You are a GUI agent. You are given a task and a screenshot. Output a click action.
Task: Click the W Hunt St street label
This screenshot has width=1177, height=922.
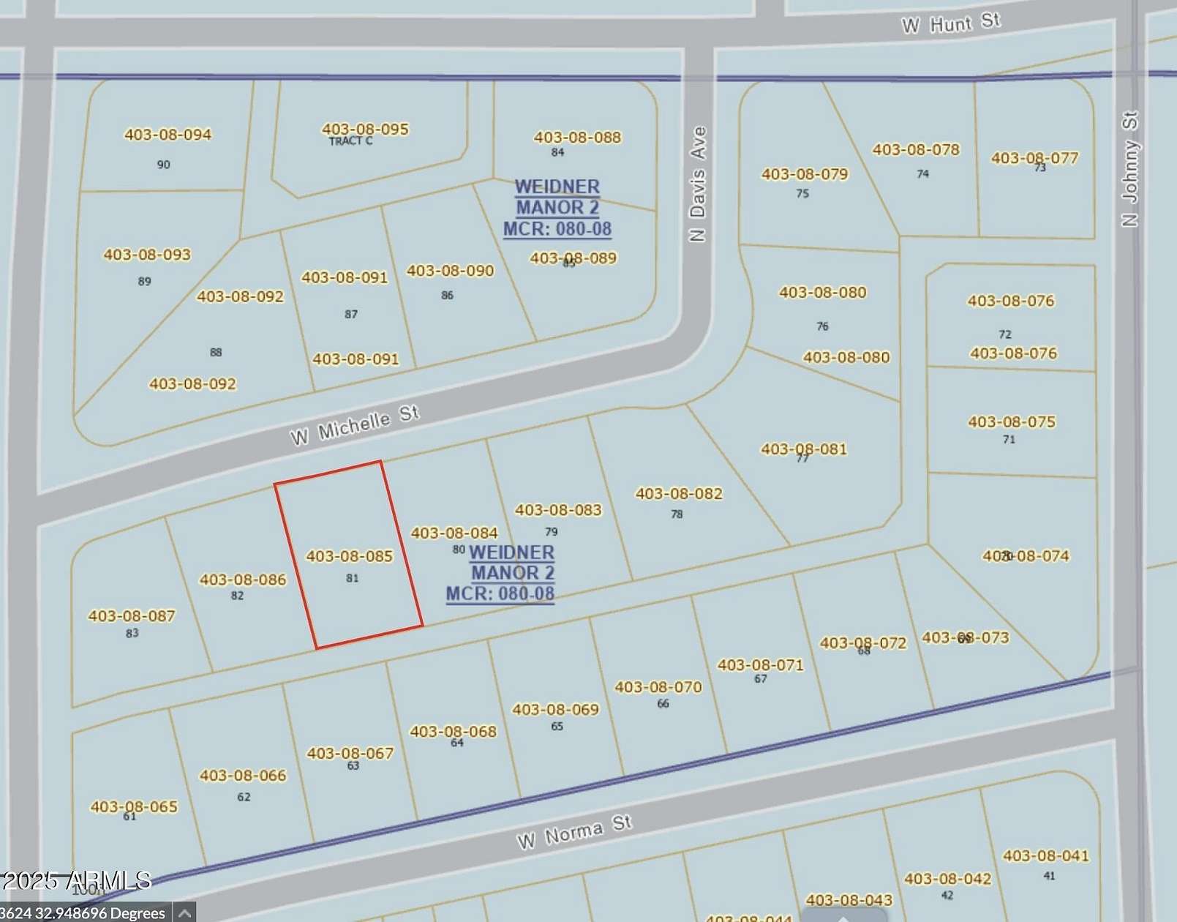(x=950, y=23)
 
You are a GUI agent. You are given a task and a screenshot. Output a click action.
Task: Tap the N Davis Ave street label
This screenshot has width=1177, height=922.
(x=698, y=184)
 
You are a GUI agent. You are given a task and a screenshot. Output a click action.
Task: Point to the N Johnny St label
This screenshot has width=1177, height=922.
(x=1130, y=169)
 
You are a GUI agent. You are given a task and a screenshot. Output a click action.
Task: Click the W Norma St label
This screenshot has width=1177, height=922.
(x=574, y=832)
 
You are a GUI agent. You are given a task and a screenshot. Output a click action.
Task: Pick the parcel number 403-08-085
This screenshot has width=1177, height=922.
(x=349, y=556)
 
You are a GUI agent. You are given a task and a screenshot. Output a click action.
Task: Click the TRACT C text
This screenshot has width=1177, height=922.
(x=350, y=141)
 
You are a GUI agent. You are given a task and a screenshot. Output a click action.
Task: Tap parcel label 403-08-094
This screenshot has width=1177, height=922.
(x=168, y=135)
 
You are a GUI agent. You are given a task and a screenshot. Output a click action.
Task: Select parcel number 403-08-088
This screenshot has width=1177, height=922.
(x=577, y=138)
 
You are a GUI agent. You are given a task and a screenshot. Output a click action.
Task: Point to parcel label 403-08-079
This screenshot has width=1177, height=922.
(x=805, y=174)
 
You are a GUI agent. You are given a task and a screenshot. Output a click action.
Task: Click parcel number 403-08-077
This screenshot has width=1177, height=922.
(x=1034, y=158)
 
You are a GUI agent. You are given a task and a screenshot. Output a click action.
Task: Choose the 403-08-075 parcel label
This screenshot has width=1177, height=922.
(x=1012, y=422)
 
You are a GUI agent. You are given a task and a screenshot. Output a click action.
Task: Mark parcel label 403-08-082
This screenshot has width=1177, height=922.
(x=679, y=494)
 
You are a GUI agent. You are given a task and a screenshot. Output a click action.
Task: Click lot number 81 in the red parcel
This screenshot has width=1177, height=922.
(x=352, y=578)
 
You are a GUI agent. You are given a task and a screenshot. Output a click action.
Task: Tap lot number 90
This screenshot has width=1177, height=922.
(x=163, y=165)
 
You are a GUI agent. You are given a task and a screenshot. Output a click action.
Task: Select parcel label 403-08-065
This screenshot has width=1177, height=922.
(x=134, y=806)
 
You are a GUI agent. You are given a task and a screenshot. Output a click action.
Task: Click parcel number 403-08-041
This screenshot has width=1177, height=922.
(x=1045, y=856)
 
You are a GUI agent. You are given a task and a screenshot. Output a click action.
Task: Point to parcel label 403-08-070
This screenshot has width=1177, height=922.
(x=658, y=687)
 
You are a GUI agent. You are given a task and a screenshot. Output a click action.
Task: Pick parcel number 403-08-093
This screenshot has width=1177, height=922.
(x=147, y=255)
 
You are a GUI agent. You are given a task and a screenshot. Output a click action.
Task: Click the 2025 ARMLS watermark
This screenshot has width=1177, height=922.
(x=76, y=880)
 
